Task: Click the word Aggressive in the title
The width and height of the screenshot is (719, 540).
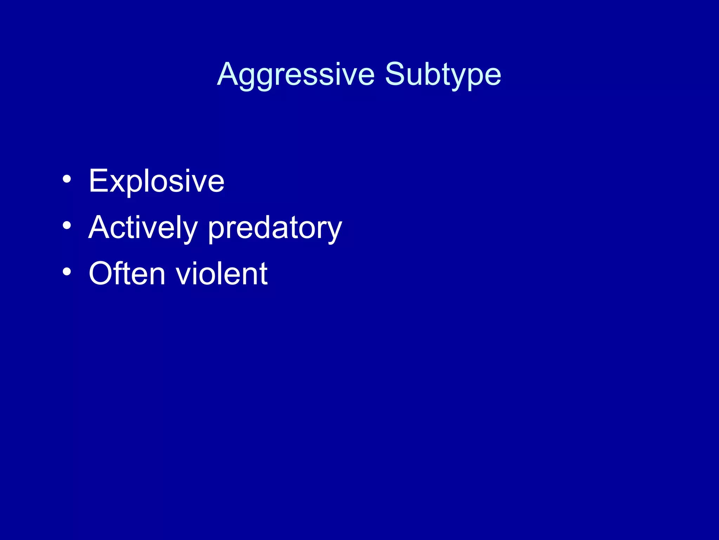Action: pyautogui.click(x=296, y=75)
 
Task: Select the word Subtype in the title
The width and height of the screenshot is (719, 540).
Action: pyautogui.click(x=443, y=75)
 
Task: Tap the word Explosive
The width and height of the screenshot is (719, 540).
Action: pyautogui.click(x=156, y=181)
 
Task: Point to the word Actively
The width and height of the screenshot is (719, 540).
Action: pyautogui.click(x=143, y=228)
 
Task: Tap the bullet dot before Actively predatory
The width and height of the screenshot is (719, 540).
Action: pyautogui.click(x=67, y=225)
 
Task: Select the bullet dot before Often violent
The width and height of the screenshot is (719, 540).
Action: pyautogui.click(x=67, y=271)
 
